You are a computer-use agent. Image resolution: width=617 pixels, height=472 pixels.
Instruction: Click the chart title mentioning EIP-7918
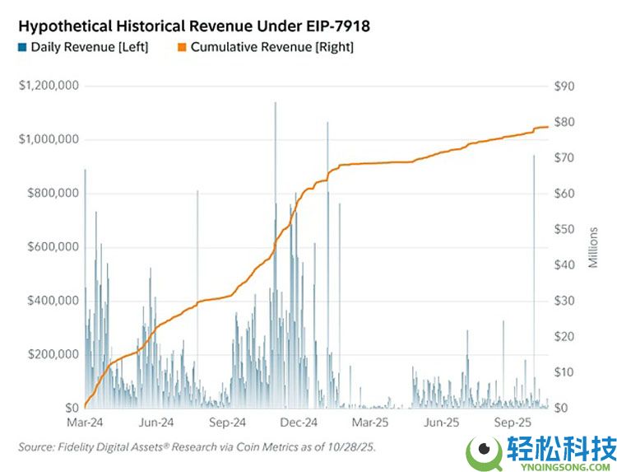pyautogui.click(x=193, y=26)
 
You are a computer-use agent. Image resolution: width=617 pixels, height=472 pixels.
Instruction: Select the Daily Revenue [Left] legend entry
pyautogui.click(x=83, y=48)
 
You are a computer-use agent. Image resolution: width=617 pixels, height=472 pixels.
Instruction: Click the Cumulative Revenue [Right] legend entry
pyautogui.click(x=265, y=48)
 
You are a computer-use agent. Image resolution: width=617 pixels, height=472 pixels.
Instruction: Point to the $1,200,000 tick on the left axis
pyautogui.click(x=49, y=86)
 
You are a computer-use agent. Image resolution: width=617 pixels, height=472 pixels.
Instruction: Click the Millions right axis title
pyautogui.click(x=593, y=246)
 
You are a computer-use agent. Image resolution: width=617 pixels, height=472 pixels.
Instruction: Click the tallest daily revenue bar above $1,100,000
pyautogui.click(x=275, y=104)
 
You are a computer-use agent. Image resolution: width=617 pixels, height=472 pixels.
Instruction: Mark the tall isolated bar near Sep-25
pyautogui.click(x=534, y=157)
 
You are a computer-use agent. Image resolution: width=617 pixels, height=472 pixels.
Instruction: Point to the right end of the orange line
pyautogui.click(x=548, y=127)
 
